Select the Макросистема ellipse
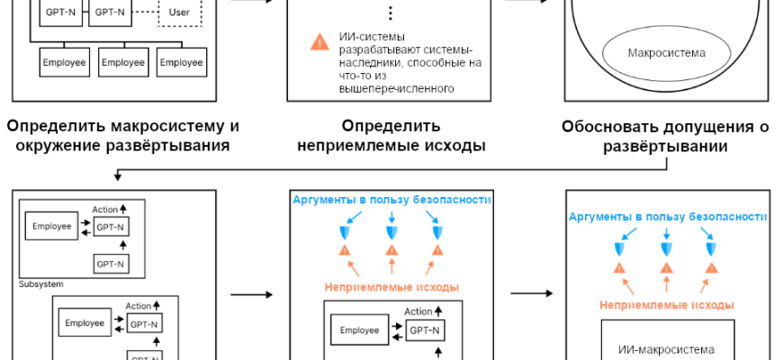(x=665, y=52)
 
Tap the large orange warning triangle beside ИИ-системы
(x=319, y=41)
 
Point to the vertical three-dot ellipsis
(x=391, y=13)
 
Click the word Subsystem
(x=40, y=283)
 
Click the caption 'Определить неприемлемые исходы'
(x=391, y=134)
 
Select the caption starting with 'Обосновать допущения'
(x=665, y=136)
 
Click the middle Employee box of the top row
(x=124, y=62)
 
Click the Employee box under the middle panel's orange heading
(x=359, y=330)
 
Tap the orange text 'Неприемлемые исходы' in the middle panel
(x=391, y=287)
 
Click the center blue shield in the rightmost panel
(x=665, y=247)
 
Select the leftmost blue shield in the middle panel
(x=345, y=233)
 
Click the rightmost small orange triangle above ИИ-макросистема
(x=711, y=267)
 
